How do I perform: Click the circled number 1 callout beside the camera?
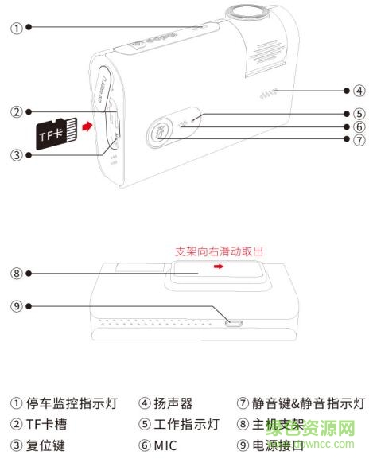pyautogui.click(x=15, y=26)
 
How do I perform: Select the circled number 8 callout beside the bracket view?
pyautogui.click(x=15, y=274)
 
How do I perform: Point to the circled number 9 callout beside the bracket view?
pyautogui.click(x=15, y=305)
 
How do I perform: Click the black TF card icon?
pyautogui.click(x=56, y=133)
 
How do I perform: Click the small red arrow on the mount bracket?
pyautogui.click(x=219, y=268)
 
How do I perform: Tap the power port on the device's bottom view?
pyautogui.click(x=235, y=322)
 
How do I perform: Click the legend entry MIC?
pyautogui.click(x=167, y=445)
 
